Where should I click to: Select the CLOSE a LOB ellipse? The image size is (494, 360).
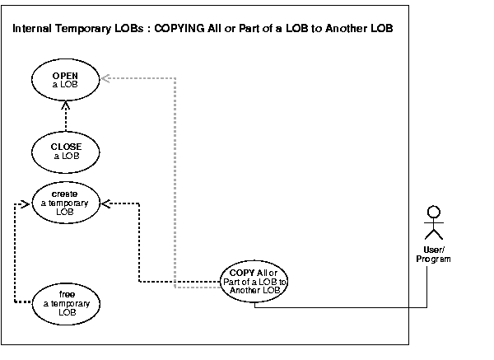(66, 152)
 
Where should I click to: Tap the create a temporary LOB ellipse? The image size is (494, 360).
(66, 202)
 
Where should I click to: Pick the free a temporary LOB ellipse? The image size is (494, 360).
(66, 302)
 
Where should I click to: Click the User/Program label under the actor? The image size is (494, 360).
(427, 255)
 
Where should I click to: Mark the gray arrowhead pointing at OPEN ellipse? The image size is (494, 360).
(105, 79)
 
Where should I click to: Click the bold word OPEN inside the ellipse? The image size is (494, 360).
(66, 75)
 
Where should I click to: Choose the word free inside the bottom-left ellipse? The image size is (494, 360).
(66, 293)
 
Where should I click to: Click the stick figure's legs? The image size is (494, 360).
(427, 235)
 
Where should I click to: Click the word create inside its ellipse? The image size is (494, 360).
(66, 194)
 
